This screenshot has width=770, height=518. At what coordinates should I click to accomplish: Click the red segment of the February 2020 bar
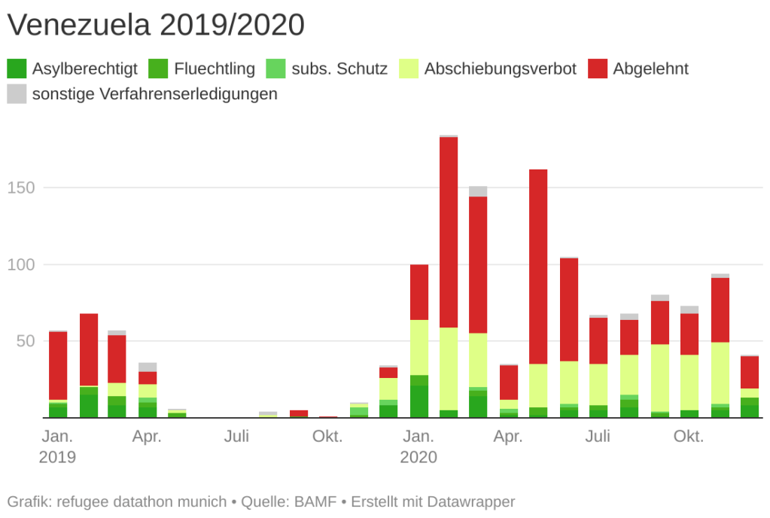tap(449, 232)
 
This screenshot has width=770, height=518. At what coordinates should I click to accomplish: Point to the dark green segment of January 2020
tap(418, 402)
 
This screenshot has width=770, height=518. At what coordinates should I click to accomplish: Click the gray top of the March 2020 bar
tap(478, 191)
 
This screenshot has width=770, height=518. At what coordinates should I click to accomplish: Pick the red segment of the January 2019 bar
tap(58, 365)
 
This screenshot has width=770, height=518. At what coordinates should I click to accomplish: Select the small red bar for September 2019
tap(299, 413)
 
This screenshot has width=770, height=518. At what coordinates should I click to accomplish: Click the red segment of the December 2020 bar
tap(749, 372)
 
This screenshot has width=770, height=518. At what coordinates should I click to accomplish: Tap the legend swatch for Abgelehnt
tap(598, 69)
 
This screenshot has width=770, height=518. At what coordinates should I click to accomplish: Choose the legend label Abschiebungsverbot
tap(500, 69)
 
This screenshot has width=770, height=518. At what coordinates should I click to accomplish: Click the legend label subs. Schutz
tap(340, 69)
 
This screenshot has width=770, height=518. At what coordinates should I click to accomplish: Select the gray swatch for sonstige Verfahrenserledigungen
tap(17, 94)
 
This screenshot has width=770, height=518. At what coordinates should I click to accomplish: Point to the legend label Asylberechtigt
tap(84, 69)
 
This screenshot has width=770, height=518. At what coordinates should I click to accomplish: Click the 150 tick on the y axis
tap(20, 187)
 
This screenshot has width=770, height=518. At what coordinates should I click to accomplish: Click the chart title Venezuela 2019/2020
tap(156, 26)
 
